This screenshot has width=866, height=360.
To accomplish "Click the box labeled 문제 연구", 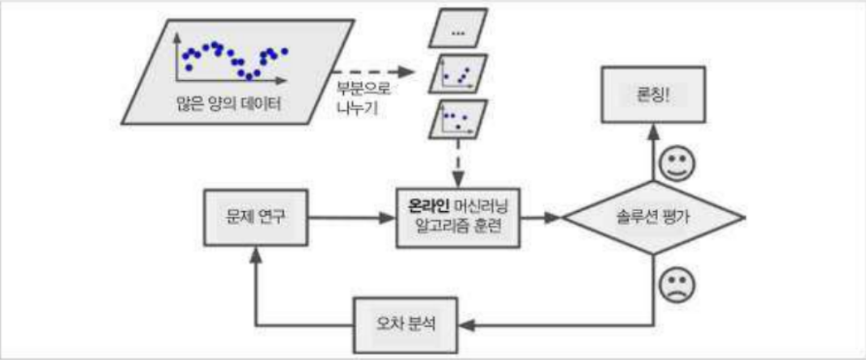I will point(256,218).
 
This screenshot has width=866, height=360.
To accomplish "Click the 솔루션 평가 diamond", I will point(652,218).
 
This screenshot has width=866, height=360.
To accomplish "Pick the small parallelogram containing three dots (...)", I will point(459,33).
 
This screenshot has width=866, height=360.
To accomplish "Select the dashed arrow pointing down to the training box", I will point(457,162).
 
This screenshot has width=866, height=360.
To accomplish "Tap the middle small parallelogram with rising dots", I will point(458,77).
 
